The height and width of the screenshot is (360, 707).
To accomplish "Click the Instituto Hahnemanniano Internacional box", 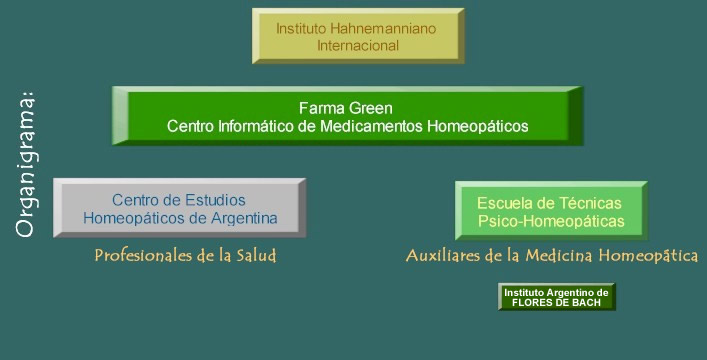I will coord(357,37).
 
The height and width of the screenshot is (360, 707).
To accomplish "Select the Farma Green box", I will coord(346,117).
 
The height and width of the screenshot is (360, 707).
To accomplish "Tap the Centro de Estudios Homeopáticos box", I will coord(179,209).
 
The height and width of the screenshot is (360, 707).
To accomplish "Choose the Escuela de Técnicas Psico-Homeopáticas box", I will coord(550,211).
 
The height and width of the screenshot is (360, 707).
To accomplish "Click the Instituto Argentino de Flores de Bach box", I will coord(556,297).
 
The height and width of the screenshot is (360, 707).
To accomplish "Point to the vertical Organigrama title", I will coord(26,165).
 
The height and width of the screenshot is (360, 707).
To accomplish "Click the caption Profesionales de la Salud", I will coord(185,256).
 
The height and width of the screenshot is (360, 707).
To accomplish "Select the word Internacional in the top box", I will coord(358,45).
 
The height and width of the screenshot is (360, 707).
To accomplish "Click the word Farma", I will coord(321,107).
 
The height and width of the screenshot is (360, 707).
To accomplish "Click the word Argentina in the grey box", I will coord(244,218).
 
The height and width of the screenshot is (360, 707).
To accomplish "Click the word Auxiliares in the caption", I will coord(445,256).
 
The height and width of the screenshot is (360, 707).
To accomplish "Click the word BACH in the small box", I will coord(584,302).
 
